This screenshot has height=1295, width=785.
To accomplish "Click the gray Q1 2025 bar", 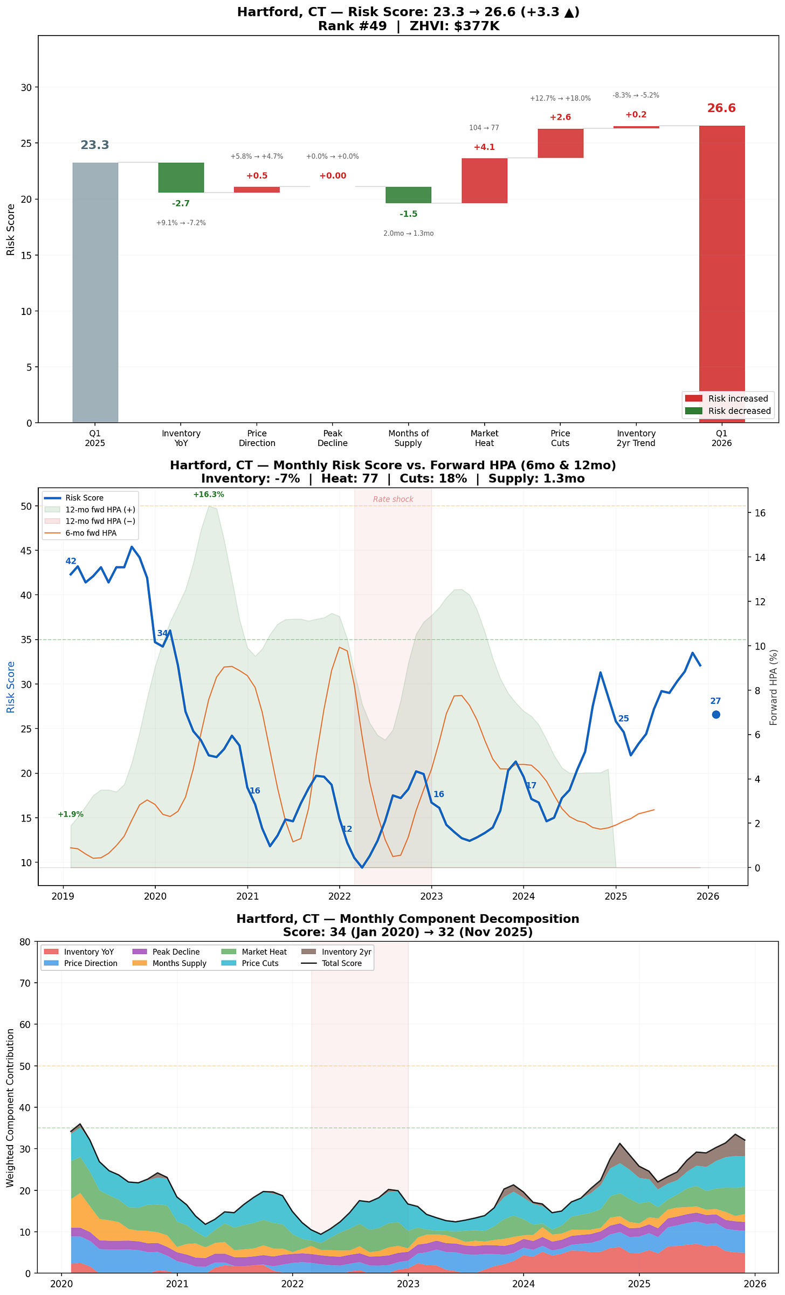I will pos(95,292).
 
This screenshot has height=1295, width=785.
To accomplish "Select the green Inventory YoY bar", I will pos(181,177).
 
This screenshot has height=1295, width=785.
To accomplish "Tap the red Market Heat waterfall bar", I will pos(484,181).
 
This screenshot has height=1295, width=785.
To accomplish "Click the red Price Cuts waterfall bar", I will pos(560,143).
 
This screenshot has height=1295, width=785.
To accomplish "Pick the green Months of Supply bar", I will pos(408,195).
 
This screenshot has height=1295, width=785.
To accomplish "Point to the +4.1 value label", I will pos(484,147).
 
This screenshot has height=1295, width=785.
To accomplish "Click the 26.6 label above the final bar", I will pos(721,108).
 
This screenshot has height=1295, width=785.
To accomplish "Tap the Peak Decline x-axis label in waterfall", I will pos(333,438).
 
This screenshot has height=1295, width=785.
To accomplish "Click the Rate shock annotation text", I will pos(393,499).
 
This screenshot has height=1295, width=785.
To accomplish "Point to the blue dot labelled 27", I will pos(716,715).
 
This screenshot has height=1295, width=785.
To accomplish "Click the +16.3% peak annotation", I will pos(209,495).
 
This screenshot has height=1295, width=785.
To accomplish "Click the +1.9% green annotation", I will pos(71,814).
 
